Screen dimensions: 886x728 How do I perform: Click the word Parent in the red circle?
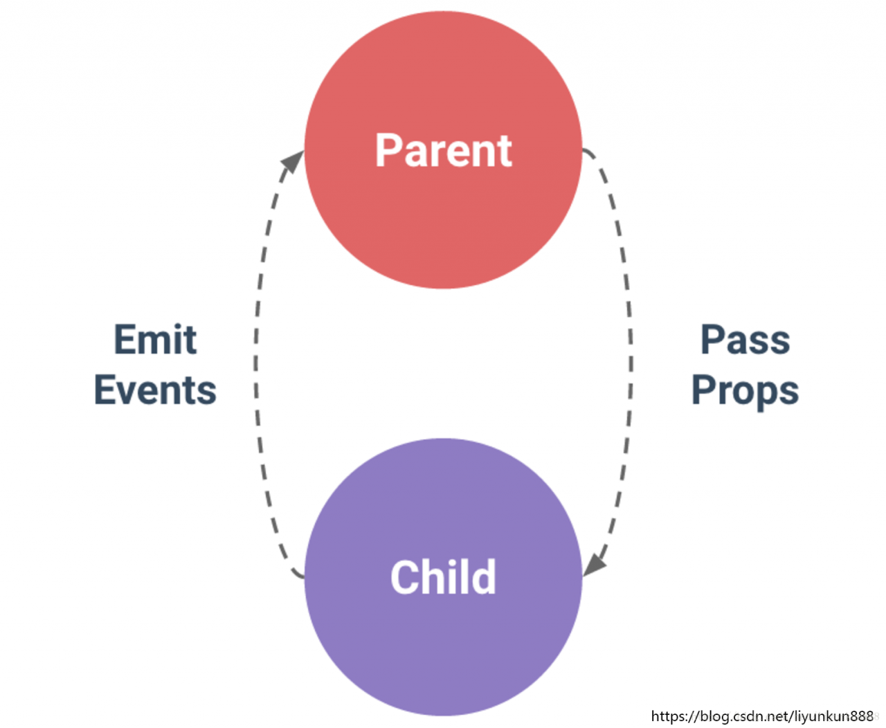click(x=443, y=150)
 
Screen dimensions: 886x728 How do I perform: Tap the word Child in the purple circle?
click(x=443, y=576)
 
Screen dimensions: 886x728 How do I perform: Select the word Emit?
click(x=155, y=339)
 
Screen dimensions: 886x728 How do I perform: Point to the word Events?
click(x=155, y=390)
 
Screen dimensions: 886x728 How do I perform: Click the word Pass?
click(x=745, y=339)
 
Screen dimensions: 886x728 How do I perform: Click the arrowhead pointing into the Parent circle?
click(x=293, y=161)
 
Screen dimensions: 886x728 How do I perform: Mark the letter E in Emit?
click(x=125, y=339)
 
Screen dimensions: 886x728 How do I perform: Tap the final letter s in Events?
click(x=207, y=394)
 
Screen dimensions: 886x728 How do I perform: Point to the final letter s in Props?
click(x=789, y=394)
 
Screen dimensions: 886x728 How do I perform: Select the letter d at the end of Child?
click(x=485, y=576)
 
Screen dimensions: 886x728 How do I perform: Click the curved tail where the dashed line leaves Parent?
click(x=589, y=154)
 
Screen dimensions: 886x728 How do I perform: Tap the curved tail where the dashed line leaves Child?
click(x=298, y=573)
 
